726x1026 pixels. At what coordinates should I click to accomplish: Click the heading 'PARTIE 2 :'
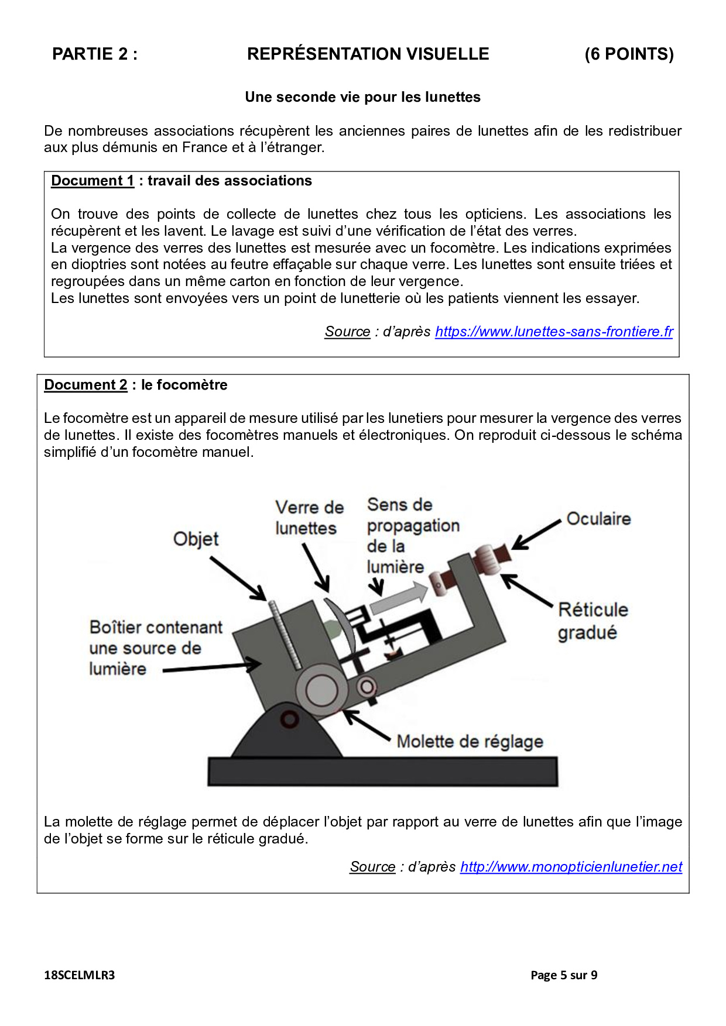click(95, 54)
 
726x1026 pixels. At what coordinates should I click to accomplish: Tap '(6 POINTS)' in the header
click(629, 54)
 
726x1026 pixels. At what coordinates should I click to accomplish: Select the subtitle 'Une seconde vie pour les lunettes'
click(362, 97)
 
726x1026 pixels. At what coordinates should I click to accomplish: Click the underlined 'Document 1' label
click(93, 181)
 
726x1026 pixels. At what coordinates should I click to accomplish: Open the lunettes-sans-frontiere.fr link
click(554, 332)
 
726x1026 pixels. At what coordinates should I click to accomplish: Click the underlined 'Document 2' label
click(85, 385)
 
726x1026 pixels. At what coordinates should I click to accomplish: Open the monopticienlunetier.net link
click(571, 867)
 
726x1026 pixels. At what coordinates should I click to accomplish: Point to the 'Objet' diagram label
click(196, 539)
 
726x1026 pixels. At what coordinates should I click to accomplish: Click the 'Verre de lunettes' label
click(309, 518)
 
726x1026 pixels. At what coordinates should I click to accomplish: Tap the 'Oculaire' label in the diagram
click(598, 519)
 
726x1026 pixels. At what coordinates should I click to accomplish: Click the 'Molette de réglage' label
click(470, 742)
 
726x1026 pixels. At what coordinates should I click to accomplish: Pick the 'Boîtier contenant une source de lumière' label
click(155, 648)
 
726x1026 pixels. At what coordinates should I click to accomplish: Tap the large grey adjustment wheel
click(321, 690)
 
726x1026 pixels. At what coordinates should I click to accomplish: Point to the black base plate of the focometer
click(382, 772)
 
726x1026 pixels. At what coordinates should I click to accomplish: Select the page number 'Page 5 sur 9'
click(563, 975)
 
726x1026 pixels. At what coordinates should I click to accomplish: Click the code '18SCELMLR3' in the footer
click(80, 975)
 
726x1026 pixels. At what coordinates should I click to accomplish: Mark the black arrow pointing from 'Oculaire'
click(536, 535)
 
